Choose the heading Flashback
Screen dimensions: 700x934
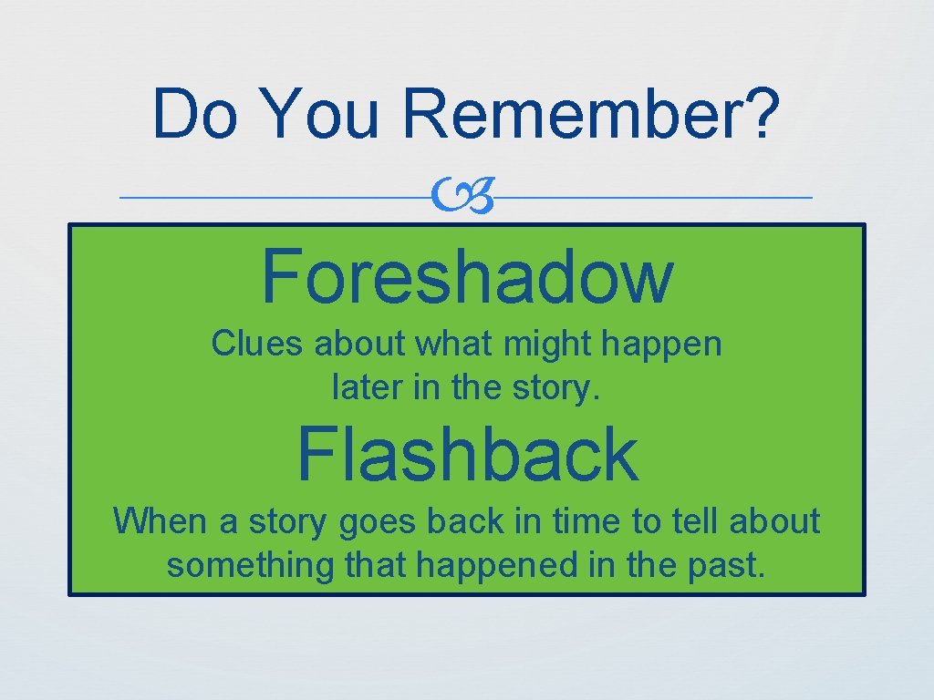(467, 455)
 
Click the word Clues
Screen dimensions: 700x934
(258, 345)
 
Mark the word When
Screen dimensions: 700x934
(159, 521)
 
